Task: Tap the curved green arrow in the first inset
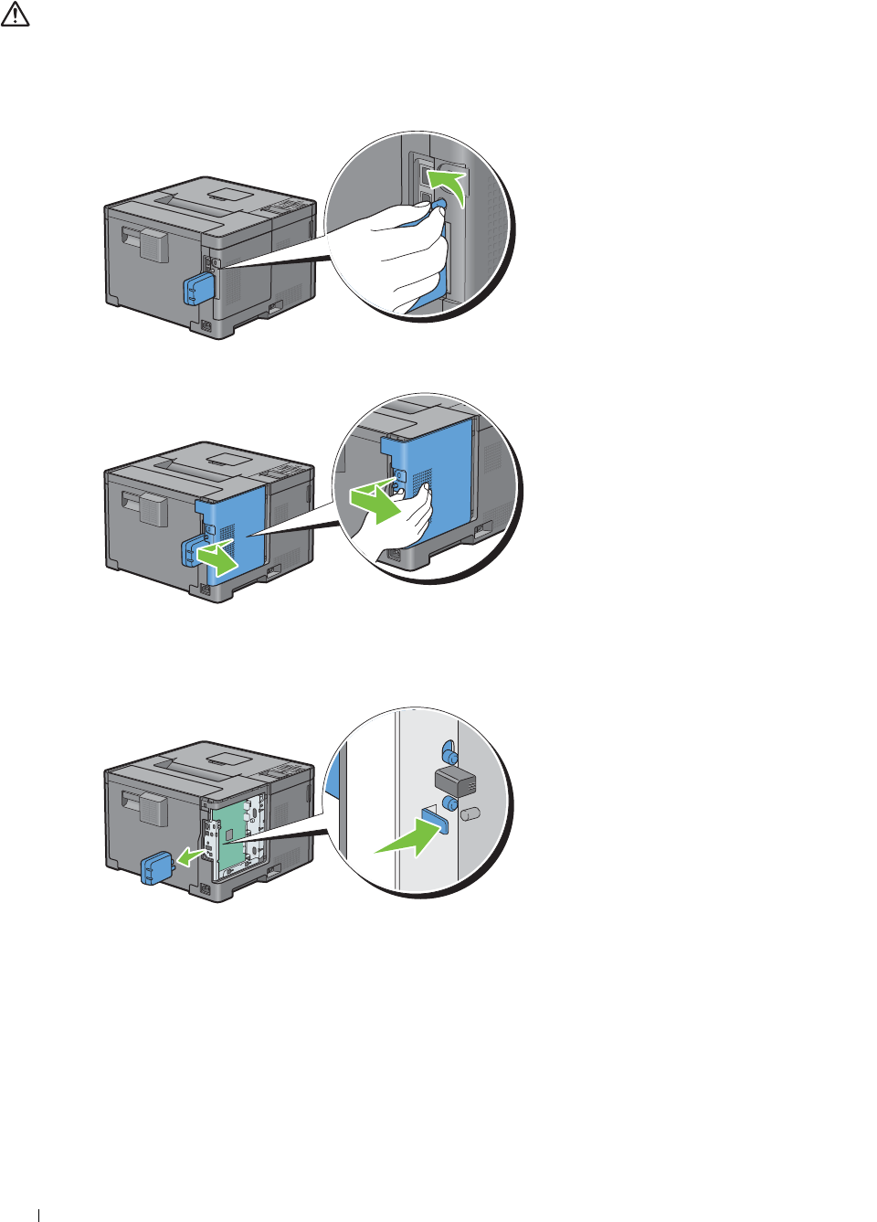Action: click(449, 184)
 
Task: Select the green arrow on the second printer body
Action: click(219, 557)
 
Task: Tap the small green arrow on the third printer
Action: click(190, 857)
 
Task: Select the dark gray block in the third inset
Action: click(454, 781)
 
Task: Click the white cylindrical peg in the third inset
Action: click(470, 813)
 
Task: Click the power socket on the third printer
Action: click(205, 889)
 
